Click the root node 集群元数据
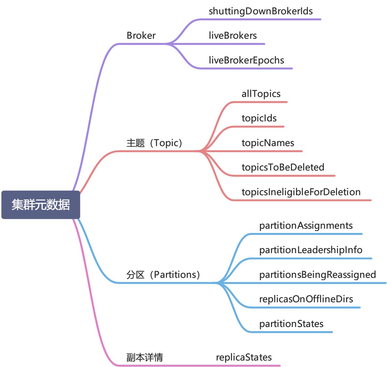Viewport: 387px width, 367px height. point(41,205)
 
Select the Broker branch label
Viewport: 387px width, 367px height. point(141,35)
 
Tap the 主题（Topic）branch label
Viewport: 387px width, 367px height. point(154,143)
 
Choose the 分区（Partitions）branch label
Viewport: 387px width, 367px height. point(163,275)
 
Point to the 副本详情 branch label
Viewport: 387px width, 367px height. point(145,357)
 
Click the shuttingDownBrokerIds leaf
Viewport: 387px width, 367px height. point(260,11)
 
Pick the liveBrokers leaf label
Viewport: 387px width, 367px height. point(233,35)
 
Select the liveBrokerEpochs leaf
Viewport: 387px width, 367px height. point(246,60)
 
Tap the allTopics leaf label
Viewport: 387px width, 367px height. point(261,94)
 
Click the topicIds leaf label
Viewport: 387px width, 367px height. point(259,118)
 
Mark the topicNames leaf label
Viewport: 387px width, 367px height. point(268,143)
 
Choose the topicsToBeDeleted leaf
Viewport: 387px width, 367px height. point(283,167)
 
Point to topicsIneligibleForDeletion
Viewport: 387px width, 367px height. point(301,192)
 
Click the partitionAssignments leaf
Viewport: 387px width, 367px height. point(306,225)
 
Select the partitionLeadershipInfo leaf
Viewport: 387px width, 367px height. point(311,250)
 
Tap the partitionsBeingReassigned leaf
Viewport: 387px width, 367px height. point(317,275)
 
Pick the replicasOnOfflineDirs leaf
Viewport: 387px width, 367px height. point(306,299)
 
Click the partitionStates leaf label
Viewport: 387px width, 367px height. point(291,324)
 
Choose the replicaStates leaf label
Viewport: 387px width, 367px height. point(244,357)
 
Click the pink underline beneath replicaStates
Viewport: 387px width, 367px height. point(247,366)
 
